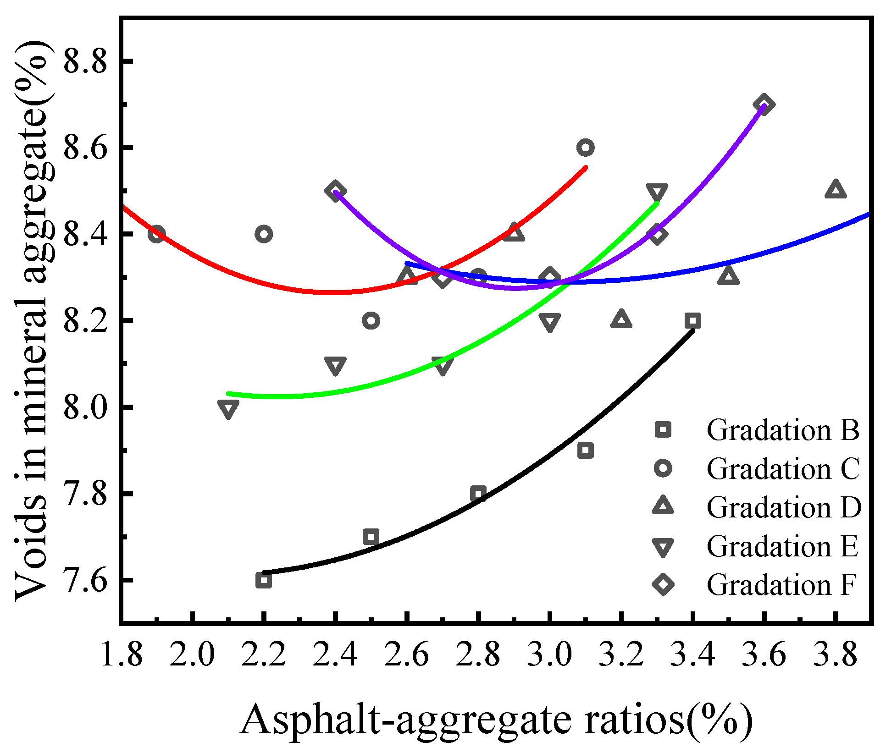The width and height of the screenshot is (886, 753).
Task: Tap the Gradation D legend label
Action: (784, 507)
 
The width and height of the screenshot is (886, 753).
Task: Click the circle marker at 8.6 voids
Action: (586, 148)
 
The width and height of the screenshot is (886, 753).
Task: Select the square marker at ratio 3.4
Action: (692, 321)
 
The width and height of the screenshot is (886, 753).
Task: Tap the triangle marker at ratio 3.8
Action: (835, 189)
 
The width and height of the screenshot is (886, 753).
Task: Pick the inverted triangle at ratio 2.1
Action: (228, 409)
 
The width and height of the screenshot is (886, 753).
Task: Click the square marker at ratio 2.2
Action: (264, 580)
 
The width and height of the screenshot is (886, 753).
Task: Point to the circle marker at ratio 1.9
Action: (157, 234)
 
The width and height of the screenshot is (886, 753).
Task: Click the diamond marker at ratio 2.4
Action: (335, 191)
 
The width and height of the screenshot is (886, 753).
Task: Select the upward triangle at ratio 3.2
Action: (621, 319)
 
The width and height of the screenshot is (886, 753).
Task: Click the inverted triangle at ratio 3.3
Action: (657, 192)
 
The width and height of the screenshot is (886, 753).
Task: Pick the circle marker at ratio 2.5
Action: (371, 320)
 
